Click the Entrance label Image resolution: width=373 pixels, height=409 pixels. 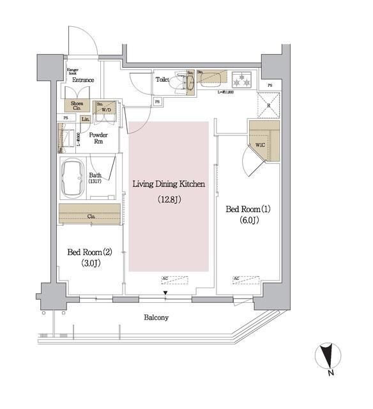coord(83,80)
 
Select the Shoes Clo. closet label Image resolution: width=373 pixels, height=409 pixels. coord(77,106)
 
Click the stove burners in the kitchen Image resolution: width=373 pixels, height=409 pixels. coord(242,81)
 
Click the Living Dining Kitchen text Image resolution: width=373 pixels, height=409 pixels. coord(169,184)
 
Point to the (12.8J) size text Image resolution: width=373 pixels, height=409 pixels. coord(169,199)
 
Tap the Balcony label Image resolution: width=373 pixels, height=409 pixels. coord(156,318)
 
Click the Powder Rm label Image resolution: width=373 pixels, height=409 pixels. coord(98,139)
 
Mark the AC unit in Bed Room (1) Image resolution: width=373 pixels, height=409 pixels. coord(245,279)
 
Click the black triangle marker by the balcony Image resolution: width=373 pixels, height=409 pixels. coord(165,294)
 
